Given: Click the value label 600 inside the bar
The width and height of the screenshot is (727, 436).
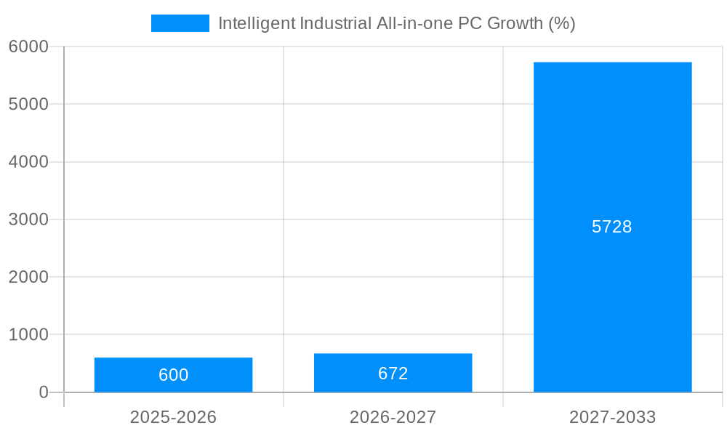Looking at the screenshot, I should [173, 375].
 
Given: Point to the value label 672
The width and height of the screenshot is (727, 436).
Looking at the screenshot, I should [393, 374].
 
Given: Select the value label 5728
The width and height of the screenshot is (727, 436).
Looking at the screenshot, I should [612, 227].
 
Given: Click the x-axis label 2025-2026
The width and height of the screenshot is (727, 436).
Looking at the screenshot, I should [173, 417].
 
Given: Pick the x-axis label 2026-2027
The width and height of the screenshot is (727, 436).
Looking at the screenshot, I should [393, 417].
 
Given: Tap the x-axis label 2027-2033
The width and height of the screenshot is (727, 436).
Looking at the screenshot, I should [612, 417].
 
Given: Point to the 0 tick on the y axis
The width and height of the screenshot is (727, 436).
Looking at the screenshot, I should [43, 392].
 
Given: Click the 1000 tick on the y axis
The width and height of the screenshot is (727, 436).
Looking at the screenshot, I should [28, 335].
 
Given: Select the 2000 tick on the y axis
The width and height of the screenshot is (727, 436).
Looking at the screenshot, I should [28, 277].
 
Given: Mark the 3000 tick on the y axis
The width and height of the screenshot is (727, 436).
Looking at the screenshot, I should [28, 219].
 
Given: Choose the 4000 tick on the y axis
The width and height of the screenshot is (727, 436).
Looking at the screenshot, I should [28, 162].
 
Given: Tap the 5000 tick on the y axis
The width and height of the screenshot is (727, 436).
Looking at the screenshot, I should [28, 104].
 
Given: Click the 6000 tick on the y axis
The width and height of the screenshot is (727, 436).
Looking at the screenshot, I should [28, 47].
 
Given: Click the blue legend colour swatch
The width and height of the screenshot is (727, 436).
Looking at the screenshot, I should [180, 23].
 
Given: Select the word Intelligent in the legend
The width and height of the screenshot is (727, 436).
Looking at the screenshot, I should [257, 23].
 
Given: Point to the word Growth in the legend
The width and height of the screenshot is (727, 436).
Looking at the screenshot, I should [515, 23].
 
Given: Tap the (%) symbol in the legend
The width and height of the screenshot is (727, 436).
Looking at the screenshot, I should [561, 23].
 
